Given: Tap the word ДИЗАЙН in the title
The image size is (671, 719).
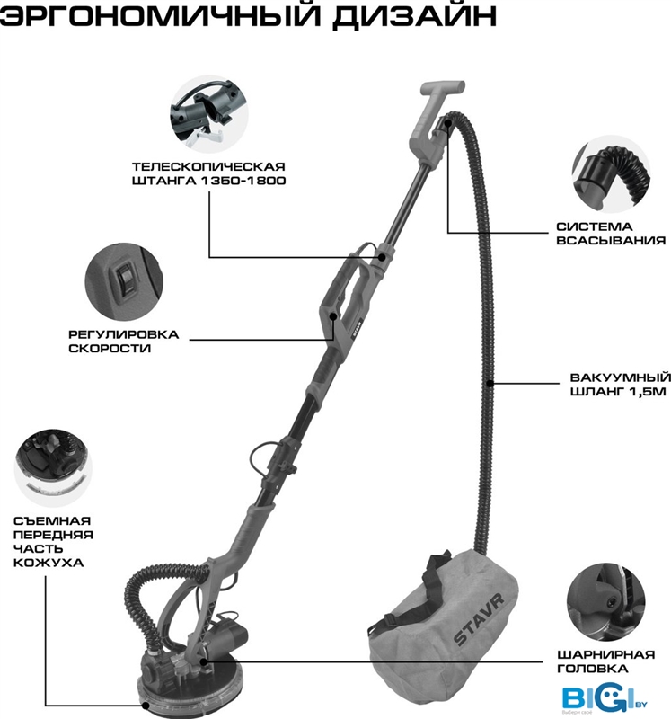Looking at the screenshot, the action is pos(415,14).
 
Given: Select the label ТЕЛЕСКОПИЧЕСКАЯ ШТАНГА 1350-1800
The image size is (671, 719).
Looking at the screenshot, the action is pos(208,173).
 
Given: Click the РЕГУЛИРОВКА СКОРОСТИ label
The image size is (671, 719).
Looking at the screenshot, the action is pos(123,342).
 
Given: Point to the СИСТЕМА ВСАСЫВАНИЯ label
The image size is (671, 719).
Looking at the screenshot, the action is pos(611,234).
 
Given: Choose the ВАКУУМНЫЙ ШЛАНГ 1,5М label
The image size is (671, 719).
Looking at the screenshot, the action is pos(621,385).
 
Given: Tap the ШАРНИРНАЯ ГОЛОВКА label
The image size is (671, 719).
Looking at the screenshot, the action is pos(606,661).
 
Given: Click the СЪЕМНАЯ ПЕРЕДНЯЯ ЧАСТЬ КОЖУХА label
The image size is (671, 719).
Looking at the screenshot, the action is pos(53,542).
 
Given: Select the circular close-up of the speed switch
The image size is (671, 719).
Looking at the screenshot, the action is pos(124,282).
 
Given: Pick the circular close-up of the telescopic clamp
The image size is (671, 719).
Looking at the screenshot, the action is pos(208,114).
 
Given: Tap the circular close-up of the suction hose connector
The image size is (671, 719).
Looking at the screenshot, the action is pos(612,173).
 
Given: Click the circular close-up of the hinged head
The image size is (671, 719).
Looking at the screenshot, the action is pos(606,602).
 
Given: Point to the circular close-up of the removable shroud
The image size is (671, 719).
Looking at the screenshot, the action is pos(53,468).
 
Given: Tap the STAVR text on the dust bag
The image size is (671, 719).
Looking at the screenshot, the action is pos(478,619).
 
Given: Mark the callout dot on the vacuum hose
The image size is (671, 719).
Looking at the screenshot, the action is pos(490,384).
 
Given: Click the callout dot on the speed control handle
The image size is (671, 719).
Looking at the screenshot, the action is pos(333,316).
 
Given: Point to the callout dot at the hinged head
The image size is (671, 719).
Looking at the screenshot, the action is pos(203,661).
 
